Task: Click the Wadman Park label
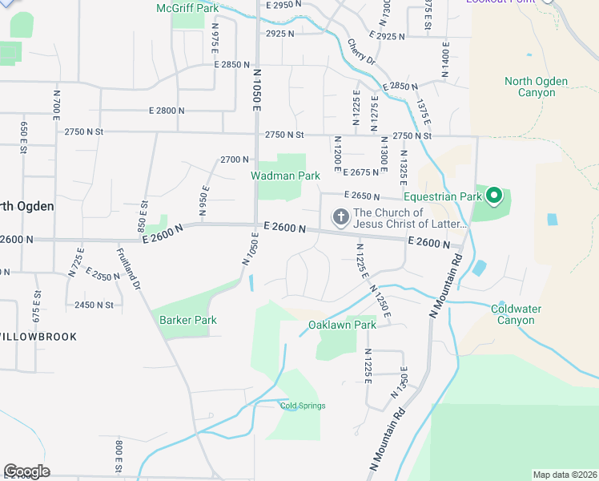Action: [285, 176]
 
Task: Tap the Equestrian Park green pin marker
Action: [495, 195]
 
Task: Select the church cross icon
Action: [340, 216]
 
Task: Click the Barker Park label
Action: [188, 320]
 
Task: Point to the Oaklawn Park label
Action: [342, 325]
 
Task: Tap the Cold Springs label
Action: [303, 406]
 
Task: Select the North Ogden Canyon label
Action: [536, 87]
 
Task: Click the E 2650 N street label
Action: [363, 195]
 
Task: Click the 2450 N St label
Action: [94, 305]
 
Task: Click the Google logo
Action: [26, 471]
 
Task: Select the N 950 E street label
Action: [205, 201]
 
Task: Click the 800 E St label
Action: [118, 456]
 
